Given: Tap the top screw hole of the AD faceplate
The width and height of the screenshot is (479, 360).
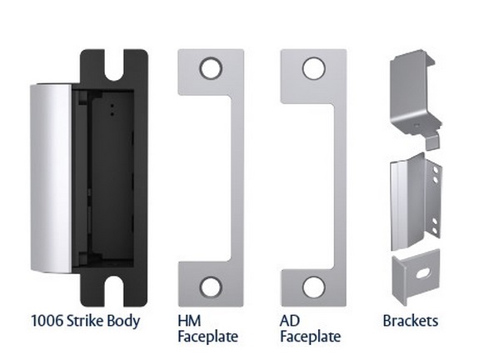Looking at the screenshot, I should [312, 68].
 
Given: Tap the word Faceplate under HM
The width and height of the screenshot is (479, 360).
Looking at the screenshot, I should [209, 337].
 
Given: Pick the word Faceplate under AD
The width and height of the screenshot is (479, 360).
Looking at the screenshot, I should [310, 337].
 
